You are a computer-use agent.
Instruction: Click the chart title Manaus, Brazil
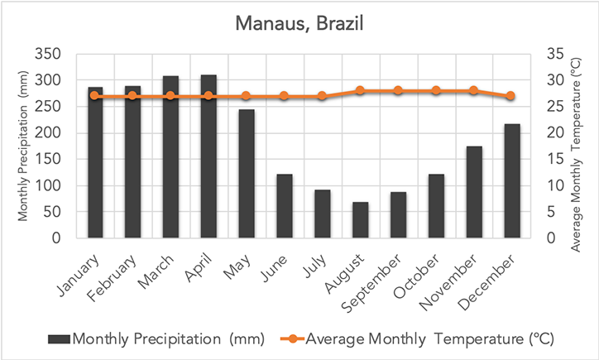point(299,26)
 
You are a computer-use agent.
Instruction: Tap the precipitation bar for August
point(360,220)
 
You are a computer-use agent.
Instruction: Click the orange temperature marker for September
point(398,90)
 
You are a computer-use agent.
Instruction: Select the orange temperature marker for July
point(322,96)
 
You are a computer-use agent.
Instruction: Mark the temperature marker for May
point(246,96)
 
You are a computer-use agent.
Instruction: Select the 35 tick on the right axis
point(554,55)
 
